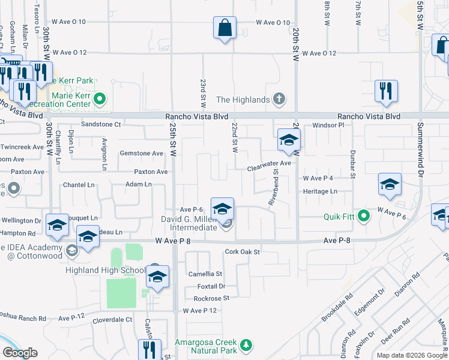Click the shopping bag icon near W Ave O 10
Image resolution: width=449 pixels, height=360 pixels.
224,28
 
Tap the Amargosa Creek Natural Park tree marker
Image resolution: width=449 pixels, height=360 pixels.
245,345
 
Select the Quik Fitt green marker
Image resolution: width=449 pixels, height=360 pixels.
363,216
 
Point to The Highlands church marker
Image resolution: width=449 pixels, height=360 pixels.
279,98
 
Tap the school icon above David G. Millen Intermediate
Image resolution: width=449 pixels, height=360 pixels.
222,209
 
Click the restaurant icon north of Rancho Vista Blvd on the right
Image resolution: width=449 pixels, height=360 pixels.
386,91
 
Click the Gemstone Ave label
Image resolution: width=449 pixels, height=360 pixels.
142,154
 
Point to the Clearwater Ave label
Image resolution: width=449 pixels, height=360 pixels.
270,163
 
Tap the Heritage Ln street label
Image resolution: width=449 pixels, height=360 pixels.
320,191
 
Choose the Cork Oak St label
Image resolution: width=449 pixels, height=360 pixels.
242,252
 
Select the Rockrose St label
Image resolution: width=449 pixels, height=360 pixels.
211,298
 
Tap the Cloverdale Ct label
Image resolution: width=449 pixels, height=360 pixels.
112,320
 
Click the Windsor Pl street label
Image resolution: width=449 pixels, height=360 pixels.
328,125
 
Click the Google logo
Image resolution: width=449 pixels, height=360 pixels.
19,353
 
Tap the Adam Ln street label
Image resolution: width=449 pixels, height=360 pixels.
138,184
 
